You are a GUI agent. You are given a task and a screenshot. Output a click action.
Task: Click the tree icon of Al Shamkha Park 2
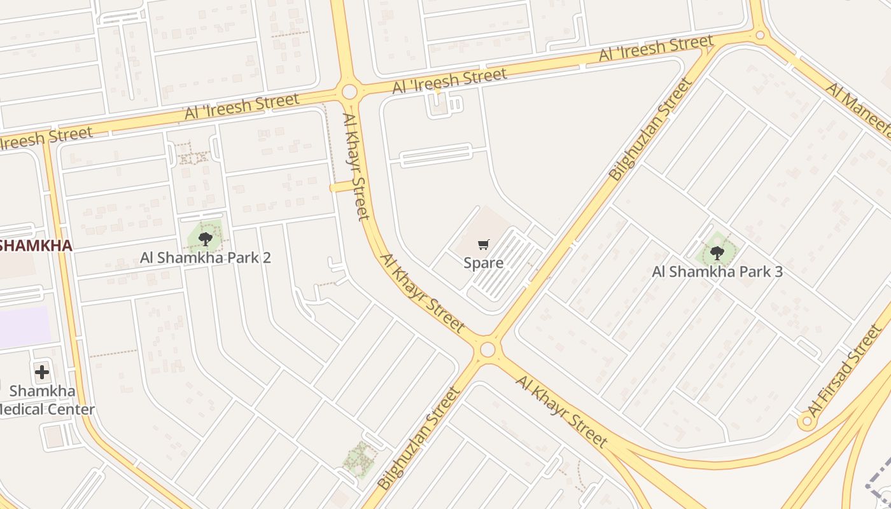pos(205,239)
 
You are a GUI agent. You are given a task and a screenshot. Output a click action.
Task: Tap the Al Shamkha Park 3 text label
pos(717,272)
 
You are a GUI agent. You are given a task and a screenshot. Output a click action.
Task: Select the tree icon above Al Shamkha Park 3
pos(717,253)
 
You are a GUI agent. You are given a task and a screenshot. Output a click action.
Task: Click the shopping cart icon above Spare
pos(484,244)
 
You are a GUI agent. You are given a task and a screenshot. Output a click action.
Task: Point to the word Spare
pos(484,263)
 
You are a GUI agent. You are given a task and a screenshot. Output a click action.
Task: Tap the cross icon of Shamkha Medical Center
pos(42,372)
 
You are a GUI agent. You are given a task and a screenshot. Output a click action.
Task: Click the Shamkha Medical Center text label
pos(45,400)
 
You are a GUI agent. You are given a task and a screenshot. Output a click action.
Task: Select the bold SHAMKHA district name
pos(35,246)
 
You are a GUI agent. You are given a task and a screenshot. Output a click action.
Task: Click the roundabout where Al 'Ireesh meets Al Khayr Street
pos(349,92)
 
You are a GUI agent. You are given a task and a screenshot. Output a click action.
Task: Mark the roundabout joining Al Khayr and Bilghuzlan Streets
pos(488,349)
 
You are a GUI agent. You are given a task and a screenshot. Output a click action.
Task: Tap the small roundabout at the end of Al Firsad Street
pos(808,421)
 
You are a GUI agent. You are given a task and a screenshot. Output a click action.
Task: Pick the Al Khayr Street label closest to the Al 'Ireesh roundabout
pos(356,165)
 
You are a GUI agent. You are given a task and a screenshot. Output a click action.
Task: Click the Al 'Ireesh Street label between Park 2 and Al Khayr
pos(242,107)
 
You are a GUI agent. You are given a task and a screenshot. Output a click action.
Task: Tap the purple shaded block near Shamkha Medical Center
pos(24,327)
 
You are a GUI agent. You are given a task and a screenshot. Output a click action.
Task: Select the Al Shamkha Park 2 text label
pos(206,258)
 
